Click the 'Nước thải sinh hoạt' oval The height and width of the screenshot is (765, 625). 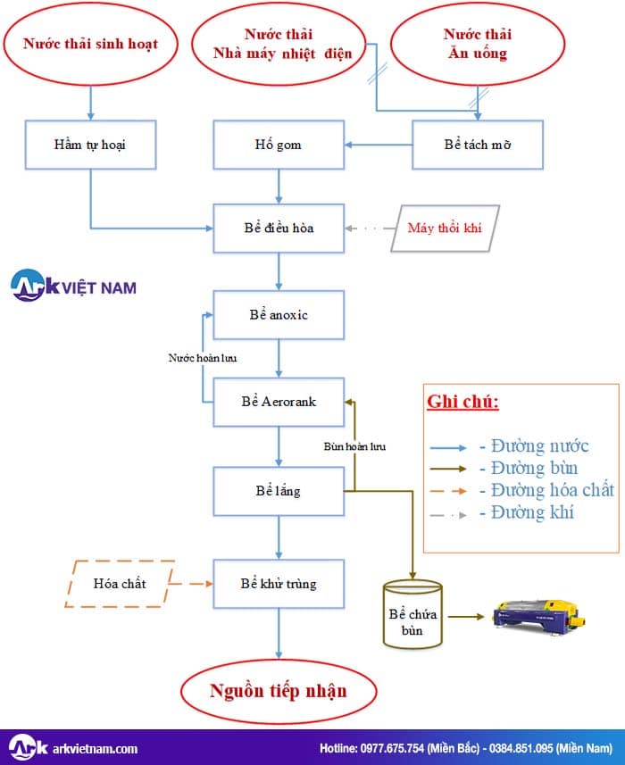[90, 44]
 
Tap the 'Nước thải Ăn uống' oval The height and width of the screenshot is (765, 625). [477, 44]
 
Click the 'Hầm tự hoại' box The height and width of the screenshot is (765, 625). [90, 145]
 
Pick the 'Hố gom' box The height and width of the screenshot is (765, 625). [279, 145]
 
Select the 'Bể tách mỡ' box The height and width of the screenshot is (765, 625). [477, 145]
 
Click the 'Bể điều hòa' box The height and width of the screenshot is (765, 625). [279, 228]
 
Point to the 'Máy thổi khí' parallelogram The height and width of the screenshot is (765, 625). [444, 228]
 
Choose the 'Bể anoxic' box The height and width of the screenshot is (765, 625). [279, 315]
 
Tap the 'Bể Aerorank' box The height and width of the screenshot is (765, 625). [279, 402]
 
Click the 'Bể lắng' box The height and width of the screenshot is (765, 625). [279, 491]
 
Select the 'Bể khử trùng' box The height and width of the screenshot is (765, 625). [279, 584]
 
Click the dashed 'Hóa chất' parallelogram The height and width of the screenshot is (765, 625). [119, 584]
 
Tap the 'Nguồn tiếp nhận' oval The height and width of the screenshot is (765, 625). [278, 691]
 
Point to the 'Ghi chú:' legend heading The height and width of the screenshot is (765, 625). [462, 401]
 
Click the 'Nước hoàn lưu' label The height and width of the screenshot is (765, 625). [203, 358]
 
